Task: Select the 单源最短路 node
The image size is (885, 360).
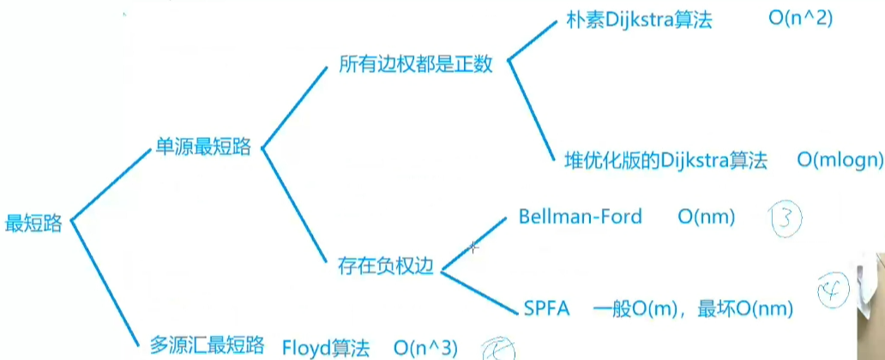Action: click(x=202, y=147)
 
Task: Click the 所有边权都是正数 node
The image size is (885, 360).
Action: click(x=415, y=64)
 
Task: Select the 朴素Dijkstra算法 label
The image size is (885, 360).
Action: click(x=639, y=21)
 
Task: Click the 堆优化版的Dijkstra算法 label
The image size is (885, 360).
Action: click(x=665, y=160)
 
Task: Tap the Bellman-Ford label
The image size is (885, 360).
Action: click(x=580, y=217)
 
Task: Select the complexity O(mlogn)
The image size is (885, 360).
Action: click(x=838, y=160)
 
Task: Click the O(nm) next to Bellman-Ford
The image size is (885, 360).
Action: click(x=706, y=218)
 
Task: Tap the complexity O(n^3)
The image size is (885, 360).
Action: click(x=426, y=347)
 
